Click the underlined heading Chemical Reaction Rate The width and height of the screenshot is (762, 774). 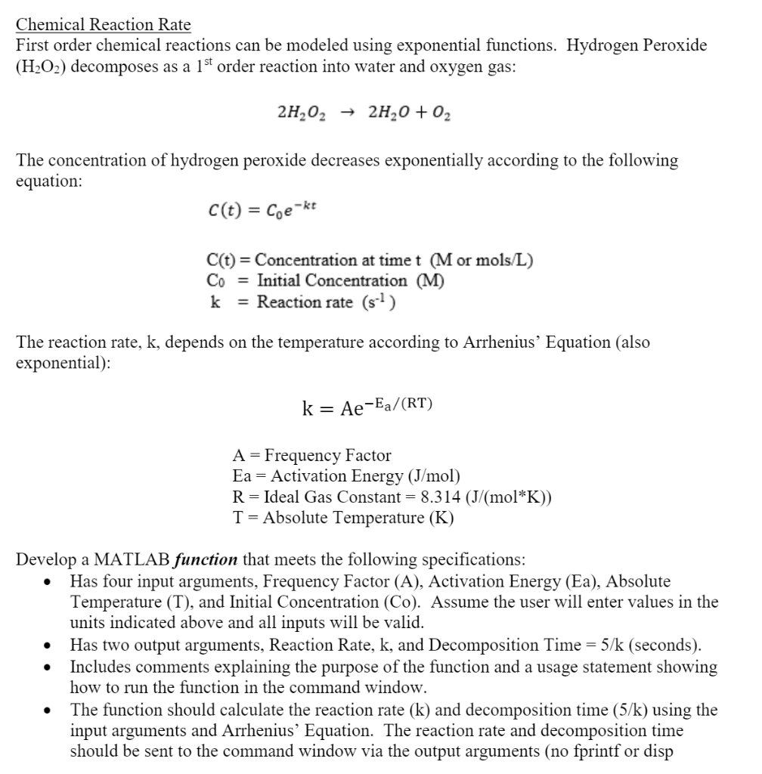pos(104,24)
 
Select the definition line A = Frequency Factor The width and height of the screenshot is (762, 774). pos(311,455)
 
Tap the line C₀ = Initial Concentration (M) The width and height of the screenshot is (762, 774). pos(325,280)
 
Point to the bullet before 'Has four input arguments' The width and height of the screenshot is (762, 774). pos(48,582)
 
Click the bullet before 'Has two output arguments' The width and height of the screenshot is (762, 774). pos(48,646)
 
